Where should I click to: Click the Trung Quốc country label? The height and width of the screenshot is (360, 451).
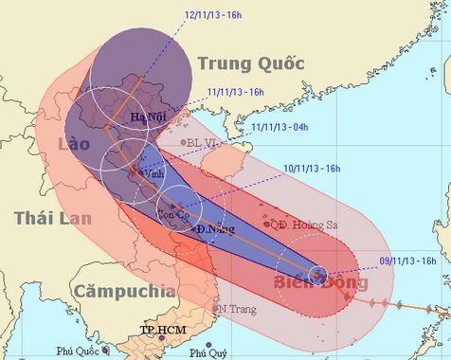[250, 64]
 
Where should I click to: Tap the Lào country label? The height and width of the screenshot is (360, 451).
[72, 144]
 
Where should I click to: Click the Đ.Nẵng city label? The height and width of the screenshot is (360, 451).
[213, 229]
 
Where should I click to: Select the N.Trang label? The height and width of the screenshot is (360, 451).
[237, 309]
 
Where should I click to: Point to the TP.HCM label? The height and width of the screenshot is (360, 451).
[160, 330]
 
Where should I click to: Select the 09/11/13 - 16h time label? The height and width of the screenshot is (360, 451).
[407, 259]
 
